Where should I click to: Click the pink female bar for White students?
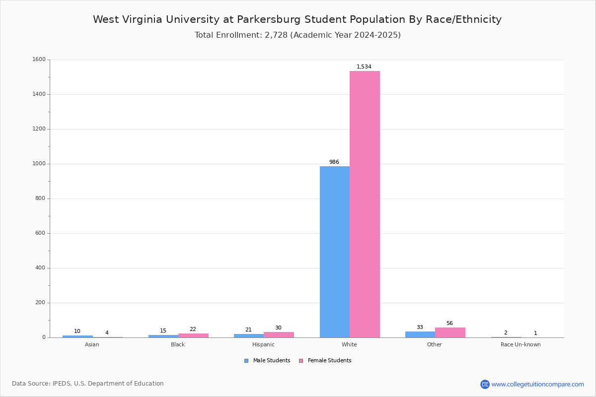tap(365, 204)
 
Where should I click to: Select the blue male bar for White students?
tap(335, 252)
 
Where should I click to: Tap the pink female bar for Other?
tap(450, 332)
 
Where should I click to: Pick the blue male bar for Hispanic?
tap(249, 336)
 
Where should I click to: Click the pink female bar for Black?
tap(193, 335)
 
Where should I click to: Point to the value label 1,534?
tap(364, 67)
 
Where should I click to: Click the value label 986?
tap(334, 162)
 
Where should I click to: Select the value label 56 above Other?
tap(449, 324)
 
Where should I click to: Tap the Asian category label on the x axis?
tap(92, 344)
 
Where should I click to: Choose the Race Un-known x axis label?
tap(521, 344)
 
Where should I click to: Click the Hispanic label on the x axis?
tap(263, 344)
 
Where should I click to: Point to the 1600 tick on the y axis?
tap(39, 60)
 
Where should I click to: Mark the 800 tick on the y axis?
tap(40, 198)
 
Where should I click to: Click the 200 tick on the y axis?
tap(40, 303)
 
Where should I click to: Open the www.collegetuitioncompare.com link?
tap(537, 384)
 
